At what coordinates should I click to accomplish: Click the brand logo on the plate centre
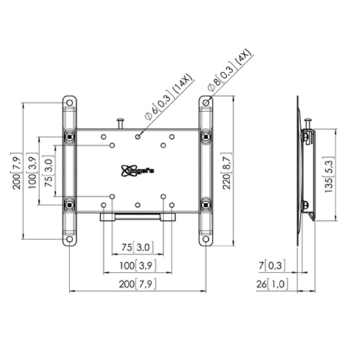(x=137, y=170)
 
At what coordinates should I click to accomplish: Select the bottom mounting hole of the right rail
(x=206, y=239)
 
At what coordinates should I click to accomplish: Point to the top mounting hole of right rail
(x=206, y=103)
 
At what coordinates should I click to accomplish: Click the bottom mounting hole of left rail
(x=70, y=239)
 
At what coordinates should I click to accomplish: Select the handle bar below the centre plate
(x=137, y=216)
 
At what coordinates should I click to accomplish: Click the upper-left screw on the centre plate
(x=112, y=145)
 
